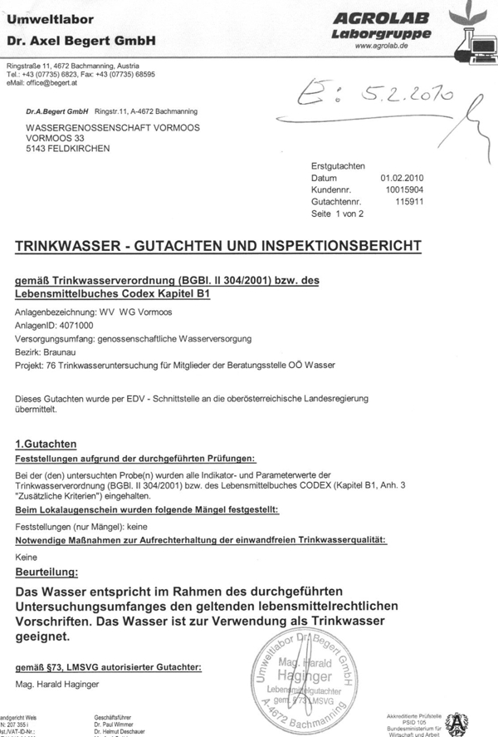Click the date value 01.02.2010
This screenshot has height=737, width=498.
(403, 178)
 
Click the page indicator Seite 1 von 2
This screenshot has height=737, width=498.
(337, 214)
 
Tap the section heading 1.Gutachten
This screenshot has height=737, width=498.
(46, 445)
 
